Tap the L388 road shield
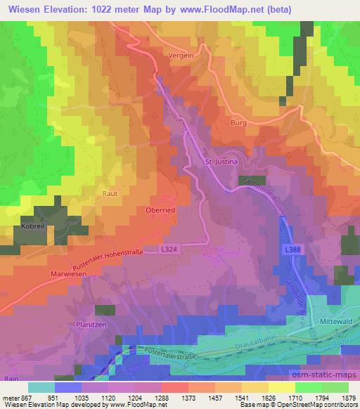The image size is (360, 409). point(293,251)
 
